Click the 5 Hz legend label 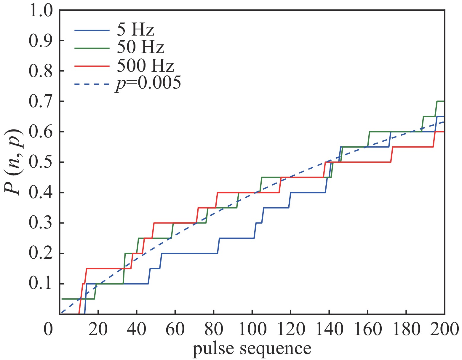tap(135, 30)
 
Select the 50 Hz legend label tap(140, 47)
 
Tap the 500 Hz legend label tap(145, 65)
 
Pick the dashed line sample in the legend tap(92, 84)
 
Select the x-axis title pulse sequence tap(252, 349)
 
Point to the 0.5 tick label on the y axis tap(41, 162)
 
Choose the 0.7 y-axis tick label tap(41, 102)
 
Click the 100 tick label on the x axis tap(252, 329)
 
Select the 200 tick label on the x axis tap(445, 329)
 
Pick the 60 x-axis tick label tap(175, 329)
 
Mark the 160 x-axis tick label tap(367, 329)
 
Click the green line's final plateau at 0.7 tap(441, 101)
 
